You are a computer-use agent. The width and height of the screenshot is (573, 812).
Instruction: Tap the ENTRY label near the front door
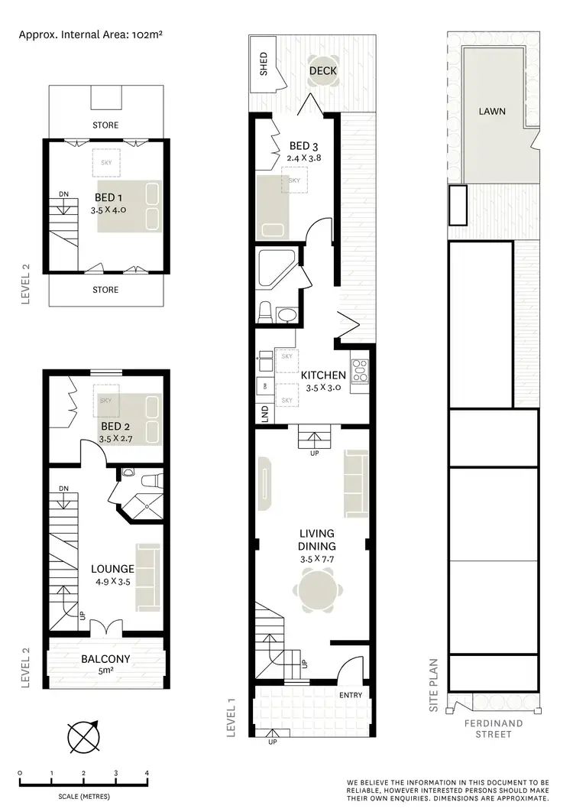(x=351, y=695)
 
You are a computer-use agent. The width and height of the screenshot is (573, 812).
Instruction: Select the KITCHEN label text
(x=323, y=375)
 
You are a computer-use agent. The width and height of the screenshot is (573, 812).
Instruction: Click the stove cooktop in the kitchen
(x=360, y=371)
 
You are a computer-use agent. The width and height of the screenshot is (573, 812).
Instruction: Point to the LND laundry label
(x=265, y=413)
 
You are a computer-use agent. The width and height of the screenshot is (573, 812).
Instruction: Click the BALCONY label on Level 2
(x=105, y=658)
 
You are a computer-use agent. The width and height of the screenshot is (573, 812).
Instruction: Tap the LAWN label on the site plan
(x=492, y=111)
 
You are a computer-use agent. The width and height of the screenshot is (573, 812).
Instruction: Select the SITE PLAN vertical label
(x=433, y=686)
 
